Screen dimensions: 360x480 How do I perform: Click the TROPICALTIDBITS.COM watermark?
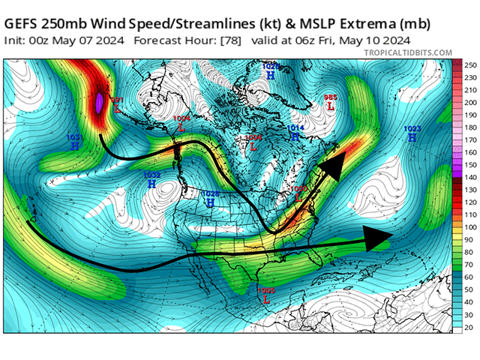click(407, 52)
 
